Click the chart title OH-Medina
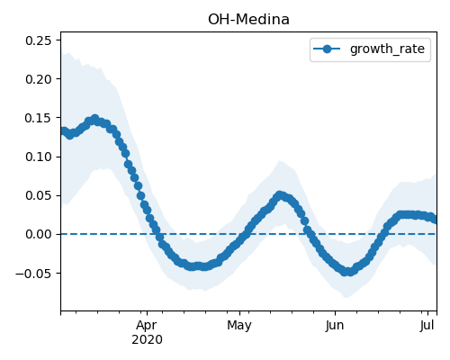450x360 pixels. [248, 20]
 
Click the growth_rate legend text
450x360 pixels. [387, 49]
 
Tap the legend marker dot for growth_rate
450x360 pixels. [327, 49]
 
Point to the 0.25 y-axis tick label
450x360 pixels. [39, 40]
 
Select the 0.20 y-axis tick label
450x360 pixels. [39, 79]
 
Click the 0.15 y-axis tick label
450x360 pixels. [39, 118]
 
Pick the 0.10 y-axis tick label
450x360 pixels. [39, 157]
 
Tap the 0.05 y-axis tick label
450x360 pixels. [39, 195]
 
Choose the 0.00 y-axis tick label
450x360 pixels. [39, 234]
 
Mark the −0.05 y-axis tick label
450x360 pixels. [33, 274]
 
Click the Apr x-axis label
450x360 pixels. [147, 326]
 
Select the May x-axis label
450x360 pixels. [239, 326]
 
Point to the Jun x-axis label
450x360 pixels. [335, 326]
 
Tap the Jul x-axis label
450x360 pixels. [427, 326]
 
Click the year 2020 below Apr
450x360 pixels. [147, 339]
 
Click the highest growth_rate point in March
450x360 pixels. [95, 119]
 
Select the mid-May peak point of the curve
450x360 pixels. [280, 196]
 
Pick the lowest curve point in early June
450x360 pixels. [345, 272]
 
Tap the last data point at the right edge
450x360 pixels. [434, 220]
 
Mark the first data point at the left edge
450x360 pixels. [64, 131]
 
